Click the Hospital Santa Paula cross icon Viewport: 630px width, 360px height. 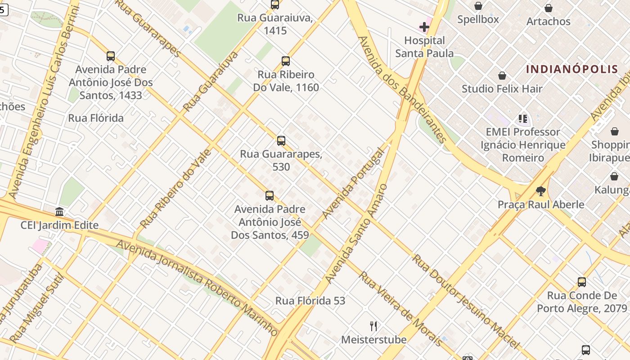click(x=424, y=27)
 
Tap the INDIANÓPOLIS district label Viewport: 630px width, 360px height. click(x=572, y=69)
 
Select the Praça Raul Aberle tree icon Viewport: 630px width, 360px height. click(x=540, y=191)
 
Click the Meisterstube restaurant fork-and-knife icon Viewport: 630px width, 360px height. click(x=373, y=326)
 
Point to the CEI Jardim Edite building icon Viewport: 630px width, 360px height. click(x=59, y=211)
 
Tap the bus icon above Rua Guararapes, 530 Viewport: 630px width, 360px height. click(x=281, y=141)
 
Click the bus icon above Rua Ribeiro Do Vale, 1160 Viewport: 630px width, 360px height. click(x=285, y=61)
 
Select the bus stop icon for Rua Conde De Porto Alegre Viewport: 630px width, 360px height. click(x=582, y=282)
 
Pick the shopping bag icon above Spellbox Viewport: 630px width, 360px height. click(x=478, y=6)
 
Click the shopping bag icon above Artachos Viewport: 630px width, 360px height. click(x=548, y=8)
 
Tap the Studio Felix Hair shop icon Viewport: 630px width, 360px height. click(x=502, y=76)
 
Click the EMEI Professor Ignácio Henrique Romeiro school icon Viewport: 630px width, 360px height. click(x=522, y=119)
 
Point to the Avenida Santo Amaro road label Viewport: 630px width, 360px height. click(x=355, y=234)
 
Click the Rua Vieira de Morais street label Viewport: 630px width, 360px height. click(x=400, y=309)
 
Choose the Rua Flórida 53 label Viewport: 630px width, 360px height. click(x=310, y=301)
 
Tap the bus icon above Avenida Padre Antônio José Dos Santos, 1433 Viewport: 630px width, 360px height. click(x=110, y=56)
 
